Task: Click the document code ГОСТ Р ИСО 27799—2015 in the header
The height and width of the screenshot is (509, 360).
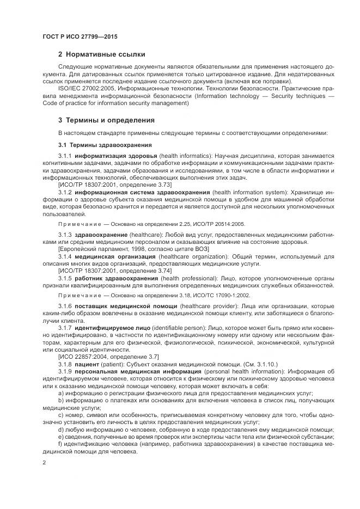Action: click(80, 36)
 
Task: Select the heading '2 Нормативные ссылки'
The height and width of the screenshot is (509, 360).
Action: click(102, 54)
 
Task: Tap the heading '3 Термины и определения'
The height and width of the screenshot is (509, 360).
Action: click(106, 120)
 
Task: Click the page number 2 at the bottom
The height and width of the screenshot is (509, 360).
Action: click(44, 462)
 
